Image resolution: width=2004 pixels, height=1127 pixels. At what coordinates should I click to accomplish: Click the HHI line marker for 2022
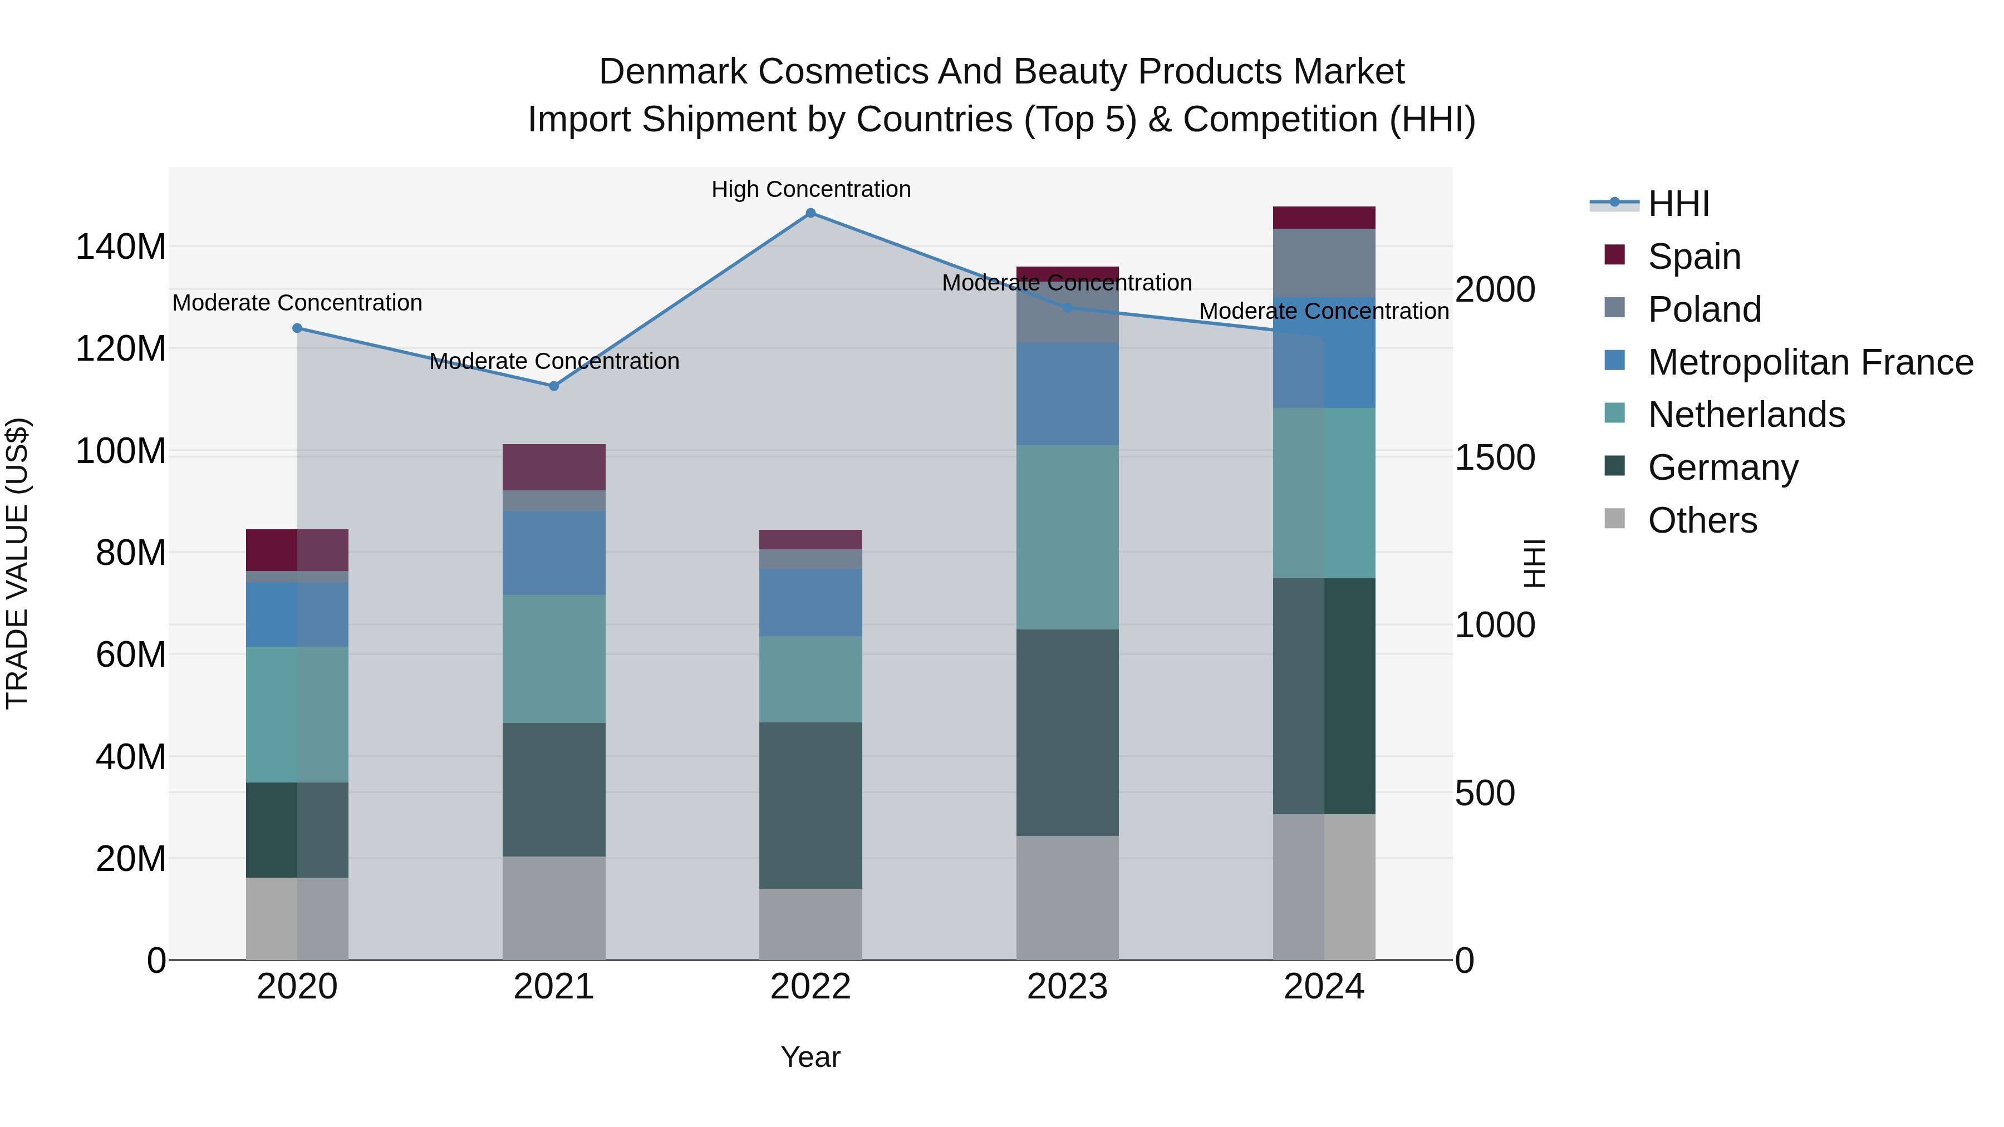(810, 213)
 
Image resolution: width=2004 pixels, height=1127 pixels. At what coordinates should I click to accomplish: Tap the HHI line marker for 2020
(297, 328)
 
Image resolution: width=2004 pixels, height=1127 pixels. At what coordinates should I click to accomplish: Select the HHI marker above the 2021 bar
(554, 386)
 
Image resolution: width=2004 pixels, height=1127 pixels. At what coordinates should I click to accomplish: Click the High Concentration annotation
(811, 190)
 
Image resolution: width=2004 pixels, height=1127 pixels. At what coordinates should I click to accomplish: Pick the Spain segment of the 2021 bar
(554, 467)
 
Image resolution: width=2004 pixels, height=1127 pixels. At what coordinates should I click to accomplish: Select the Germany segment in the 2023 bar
(1067, 732)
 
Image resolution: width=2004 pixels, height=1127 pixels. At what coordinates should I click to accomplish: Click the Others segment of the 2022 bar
(811, 924)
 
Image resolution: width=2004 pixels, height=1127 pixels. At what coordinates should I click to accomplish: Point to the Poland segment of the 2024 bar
(1324, 263)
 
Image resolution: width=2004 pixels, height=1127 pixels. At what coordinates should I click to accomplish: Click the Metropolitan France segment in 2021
(554, 553)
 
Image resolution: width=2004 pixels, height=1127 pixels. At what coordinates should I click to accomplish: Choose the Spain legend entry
(1693, 257)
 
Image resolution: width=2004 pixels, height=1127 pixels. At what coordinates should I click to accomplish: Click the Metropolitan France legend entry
(1810, 362)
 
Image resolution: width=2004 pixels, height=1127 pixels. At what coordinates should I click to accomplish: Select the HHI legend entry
(1678, 204)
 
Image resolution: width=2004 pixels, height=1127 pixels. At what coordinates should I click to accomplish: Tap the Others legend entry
(1702, 520)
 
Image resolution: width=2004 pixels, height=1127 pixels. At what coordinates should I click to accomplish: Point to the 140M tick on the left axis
(121, 247)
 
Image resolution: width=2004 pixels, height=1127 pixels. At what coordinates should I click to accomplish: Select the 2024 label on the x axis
(1324, 987)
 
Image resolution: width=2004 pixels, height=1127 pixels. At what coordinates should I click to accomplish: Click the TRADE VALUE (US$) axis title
(17, 563)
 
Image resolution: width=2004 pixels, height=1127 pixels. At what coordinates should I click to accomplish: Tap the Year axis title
(811, 1057)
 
